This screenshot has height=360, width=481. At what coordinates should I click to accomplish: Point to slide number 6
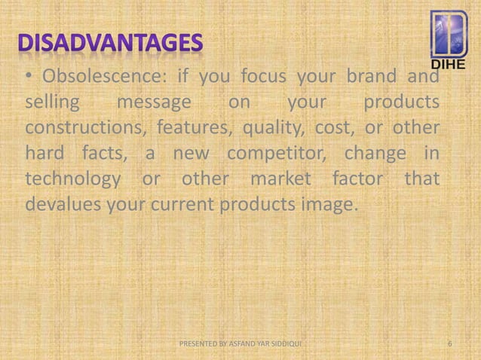[449, 345]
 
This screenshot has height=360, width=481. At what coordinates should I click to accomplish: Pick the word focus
[265, 78]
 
